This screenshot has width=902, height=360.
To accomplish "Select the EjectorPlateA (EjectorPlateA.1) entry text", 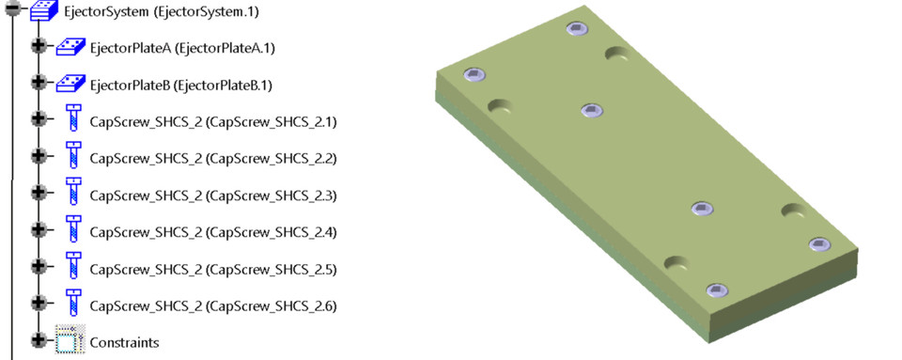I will point(181,48).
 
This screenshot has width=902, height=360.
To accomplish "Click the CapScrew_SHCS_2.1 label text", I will point(212,121).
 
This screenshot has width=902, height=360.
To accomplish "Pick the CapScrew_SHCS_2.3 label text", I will point(212,196).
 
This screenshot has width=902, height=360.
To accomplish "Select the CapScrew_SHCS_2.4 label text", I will point(212,232).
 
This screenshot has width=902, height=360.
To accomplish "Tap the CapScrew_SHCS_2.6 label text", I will point(212,306).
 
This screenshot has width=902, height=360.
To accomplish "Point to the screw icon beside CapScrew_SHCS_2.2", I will point(72,157).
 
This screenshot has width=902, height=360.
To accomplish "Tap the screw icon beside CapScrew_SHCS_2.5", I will point(72,268).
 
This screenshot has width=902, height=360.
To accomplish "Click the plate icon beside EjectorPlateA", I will point(70,47).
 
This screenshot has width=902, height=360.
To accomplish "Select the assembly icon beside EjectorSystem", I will point(44,10).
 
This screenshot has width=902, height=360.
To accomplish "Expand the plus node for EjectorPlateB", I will point(38,84).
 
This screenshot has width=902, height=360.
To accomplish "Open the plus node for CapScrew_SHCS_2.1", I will point(38,119).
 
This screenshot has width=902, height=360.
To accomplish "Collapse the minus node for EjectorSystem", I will point(11,9).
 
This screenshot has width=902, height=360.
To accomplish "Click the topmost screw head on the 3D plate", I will point(577,29).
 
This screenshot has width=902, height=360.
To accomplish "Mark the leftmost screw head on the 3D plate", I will point(475,75).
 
